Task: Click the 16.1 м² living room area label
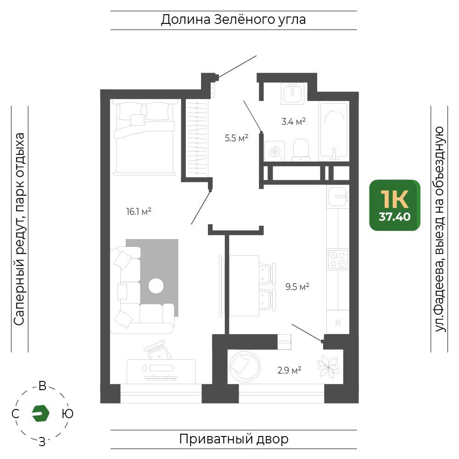[x=139, y=211]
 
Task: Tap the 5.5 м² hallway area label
[x=236, y=138]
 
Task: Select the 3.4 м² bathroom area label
[x=294, y=121]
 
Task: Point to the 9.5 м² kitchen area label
[x=297, y=286]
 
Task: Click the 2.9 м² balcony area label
[x=290, y=370]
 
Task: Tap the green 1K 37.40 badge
[x=395, y=205]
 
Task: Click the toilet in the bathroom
[x=301, y=150]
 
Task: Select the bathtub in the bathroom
[x=334, y=130]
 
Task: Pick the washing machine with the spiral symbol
[x=274, y=151]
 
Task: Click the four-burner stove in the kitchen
[x=338, y=259]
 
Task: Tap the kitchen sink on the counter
[x=338, y=197]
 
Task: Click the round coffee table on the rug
[x=156, y=285]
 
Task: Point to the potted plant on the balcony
[x=329, y=366]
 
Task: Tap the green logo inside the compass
[x=41, y=414]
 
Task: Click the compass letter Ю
[x=67, y=414]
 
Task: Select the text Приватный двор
[x=234, y=439]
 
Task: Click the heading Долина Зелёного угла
[x=233, y=20]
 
